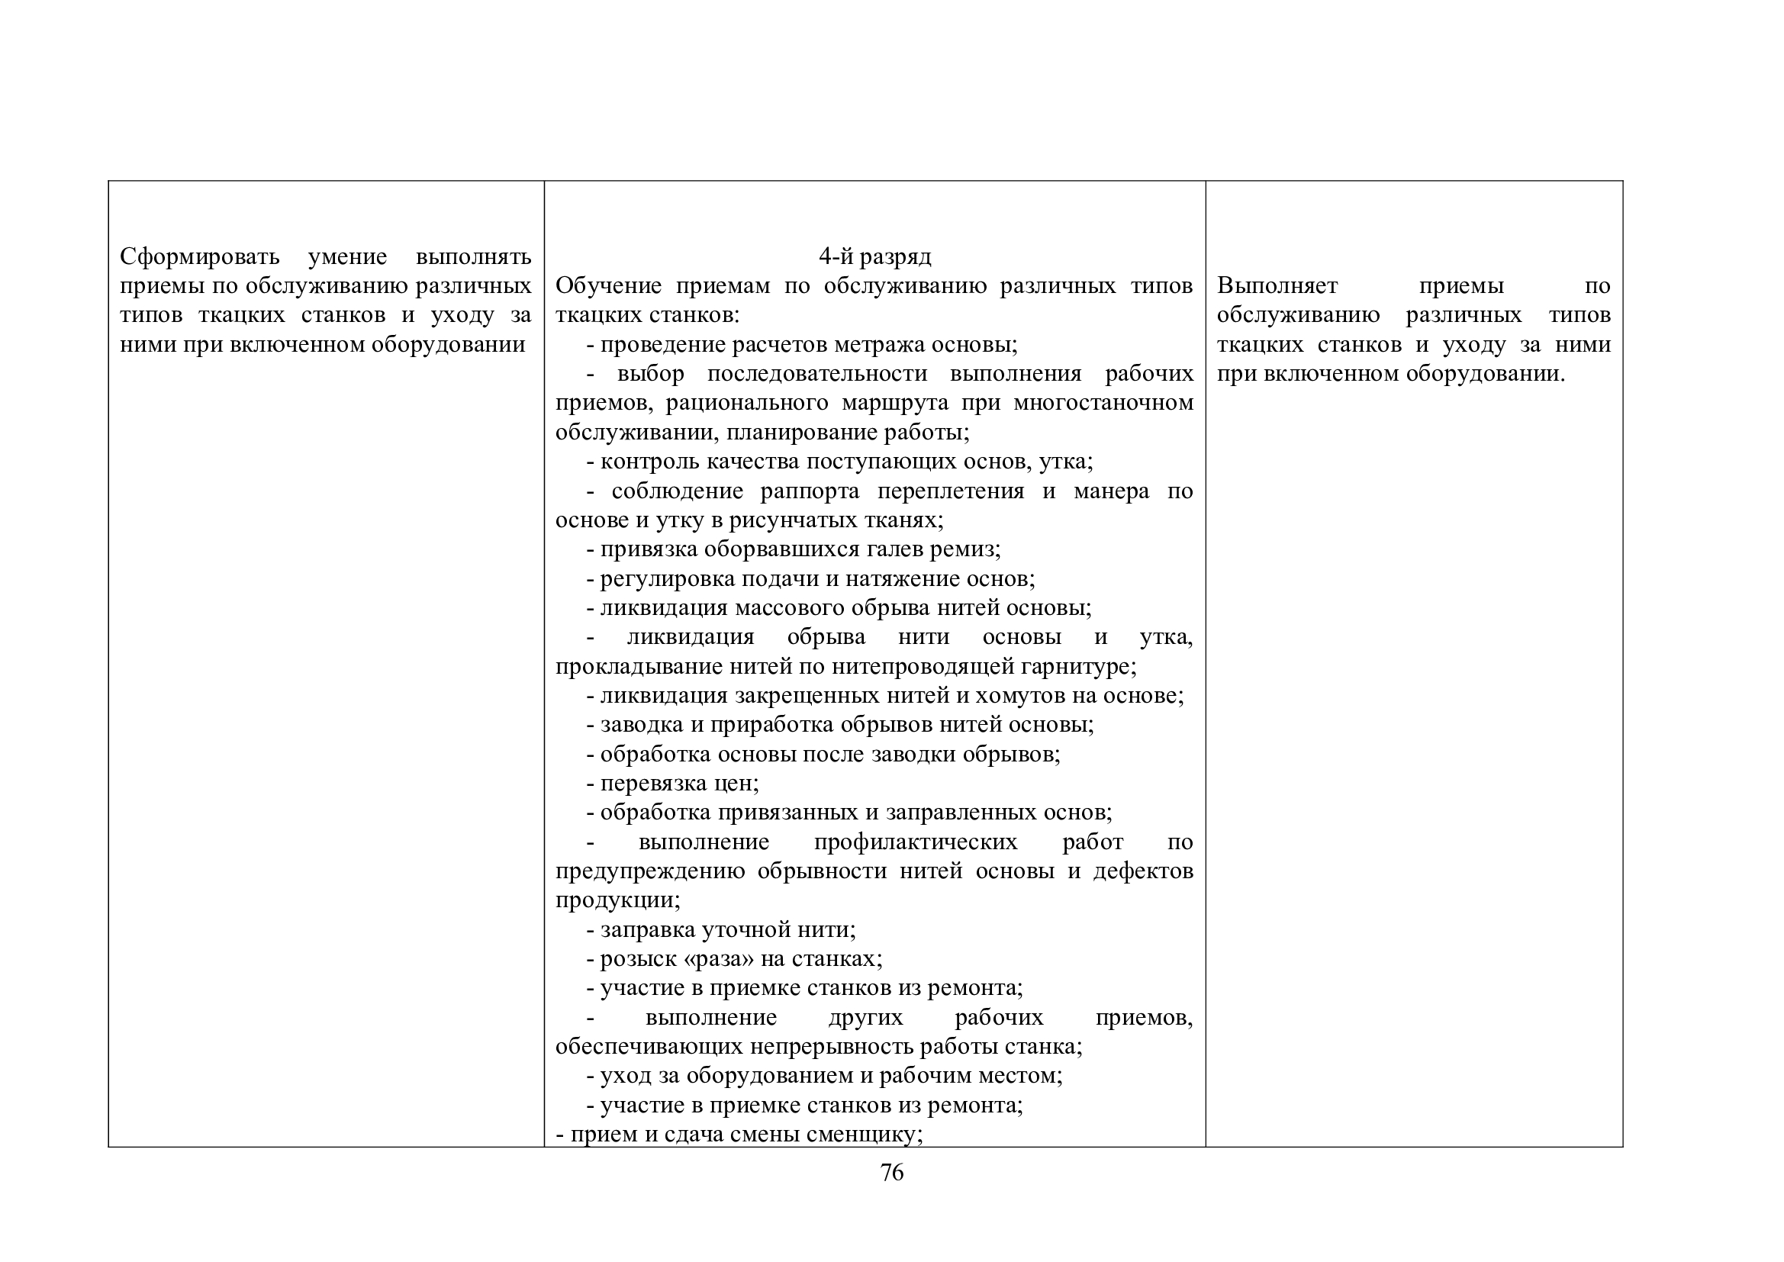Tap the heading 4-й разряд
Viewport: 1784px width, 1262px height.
[x=874, y=256]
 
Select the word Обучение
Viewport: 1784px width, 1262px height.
[x=608, y=286]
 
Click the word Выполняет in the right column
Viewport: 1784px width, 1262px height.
[x=1277, y=286]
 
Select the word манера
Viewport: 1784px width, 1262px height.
[x=1111, y=491]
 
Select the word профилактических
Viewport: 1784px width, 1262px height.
[x=916, y=842]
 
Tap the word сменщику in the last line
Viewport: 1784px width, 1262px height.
[x=861, y=1135]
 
